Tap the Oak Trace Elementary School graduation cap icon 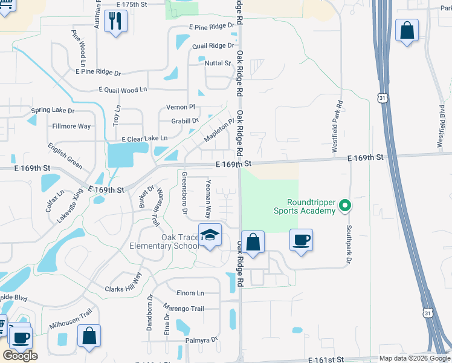(210, 235)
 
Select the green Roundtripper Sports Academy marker (344, 205)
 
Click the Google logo (20, 356)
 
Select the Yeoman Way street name (208, 199)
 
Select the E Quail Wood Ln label (123, 90)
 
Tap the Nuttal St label (218, 63)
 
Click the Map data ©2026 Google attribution (414, 358)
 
